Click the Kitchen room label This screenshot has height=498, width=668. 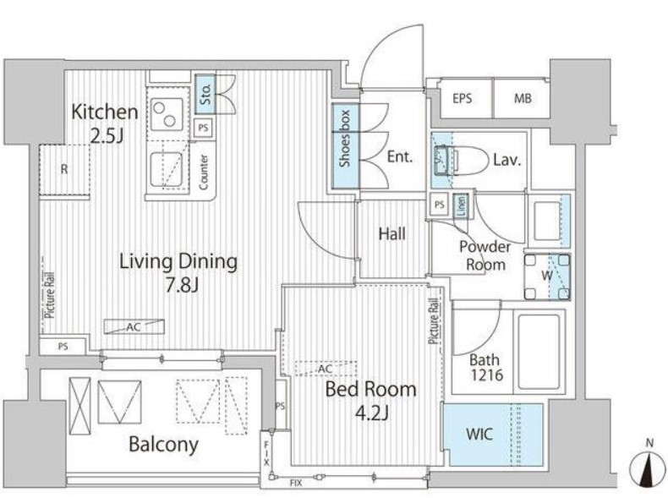(105, 112)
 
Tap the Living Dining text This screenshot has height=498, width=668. (178, 261)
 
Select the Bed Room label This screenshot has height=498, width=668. (370, 390)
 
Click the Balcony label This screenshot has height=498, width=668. (163, 445)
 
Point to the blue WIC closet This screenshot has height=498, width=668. (493, 435)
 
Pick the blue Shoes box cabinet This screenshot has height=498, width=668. (346, 146)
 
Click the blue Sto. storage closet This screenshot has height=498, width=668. (205, 94)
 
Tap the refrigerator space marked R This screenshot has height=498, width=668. (64, 170)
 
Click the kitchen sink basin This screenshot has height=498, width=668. (167, 170)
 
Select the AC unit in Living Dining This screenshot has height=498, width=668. (134, 326)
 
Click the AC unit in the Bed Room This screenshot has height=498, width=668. (326, 369)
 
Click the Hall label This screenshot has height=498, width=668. (392, 234)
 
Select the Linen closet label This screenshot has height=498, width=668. (462, 205)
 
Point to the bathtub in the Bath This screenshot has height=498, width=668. (539, 352)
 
